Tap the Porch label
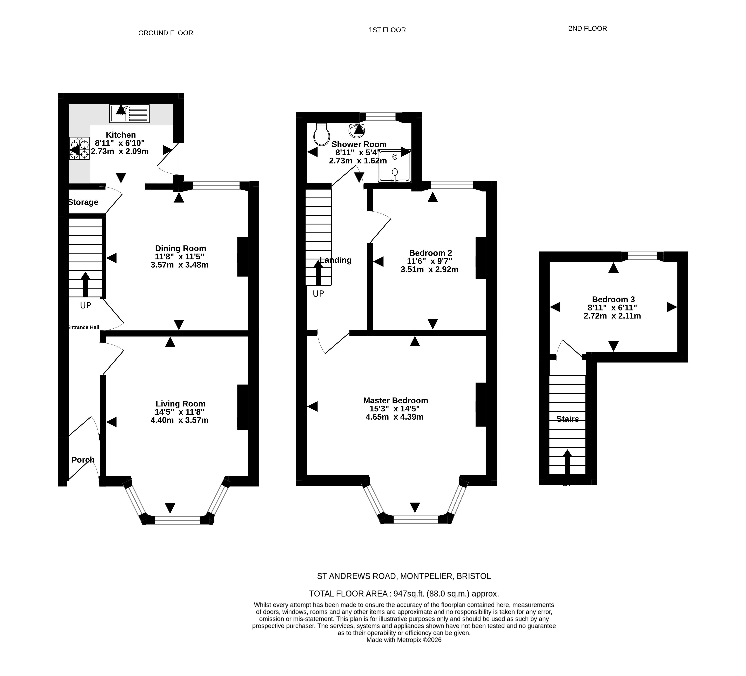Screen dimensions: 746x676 coord(83,460)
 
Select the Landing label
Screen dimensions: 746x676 coord(336,260)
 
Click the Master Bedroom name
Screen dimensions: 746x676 coord(396,400)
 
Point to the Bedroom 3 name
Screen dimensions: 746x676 coord(613,299)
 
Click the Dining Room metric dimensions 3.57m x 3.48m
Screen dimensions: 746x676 coord(179,265)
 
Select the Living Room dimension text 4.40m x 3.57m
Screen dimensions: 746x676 coord(179,420)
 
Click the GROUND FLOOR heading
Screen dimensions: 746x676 coord(166,33)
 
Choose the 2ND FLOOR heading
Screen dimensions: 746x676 coord(588,28)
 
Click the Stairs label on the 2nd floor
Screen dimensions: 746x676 coord(568,419)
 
